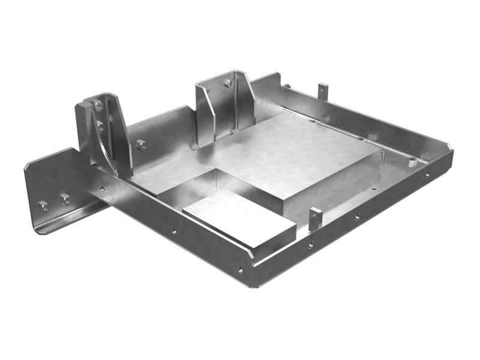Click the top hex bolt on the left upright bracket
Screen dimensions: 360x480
coord(98,106)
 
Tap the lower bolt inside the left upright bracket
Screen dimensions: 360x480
coord(100,126)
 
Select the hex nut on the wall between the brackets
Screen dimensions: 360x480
coord(141,144)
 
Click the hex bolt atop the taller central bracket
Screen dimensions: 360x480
coord(228,83)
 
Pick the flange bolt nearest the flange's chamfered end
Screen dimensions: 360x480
coord(43,206)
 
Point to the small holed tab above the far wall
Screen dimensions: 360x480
coord(323,90)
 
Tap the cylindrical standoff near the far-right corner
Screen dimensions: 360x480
coord(412,161)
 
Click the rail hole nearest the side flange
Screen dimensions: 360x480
coord(103,188)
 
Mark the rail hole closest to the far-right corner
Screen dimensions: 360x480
coord(427,175)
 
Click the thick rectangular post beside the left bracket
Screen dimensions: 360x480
coord(83,126)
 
